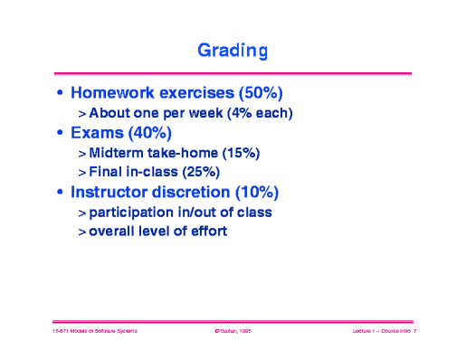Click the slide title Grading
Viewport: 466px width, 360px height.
click(x=233, y=51)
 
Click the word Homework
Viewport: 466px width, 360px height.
click(x=115, y=93)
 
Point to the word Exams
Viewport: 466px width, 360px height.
click(x=99, y=134)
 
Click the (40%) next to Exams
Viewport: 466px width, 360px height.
click(x=157, y=134)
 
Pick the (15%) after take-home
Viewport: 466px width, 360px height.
click(x=240, y=153)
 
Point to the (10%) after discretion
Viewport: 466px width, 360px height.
click(x=257, y=192)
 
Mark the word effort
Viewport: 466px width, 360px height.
click(x=207, y=232)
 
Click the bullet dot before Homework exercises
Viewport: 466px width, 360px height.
click(x=60, y=94)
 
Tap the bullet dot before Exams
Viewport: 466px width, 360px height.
click(x=60, y=135)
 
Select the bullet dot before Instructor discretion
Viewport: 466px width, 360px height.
click(x=60, y=193)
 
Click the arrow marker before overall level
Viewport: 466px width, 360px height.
click(x=81, y=232)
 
